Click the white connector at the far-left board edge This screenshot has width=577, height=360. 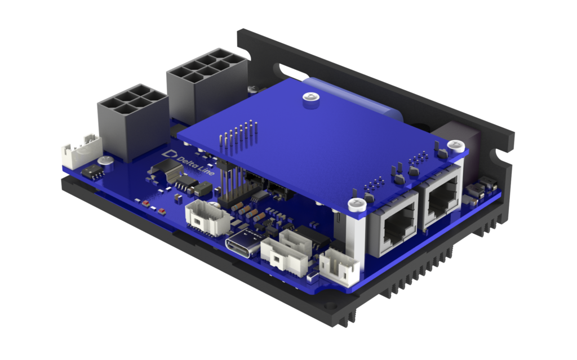(82, 151)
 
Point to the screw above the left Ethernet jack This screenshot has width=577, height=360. (357, 204)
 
